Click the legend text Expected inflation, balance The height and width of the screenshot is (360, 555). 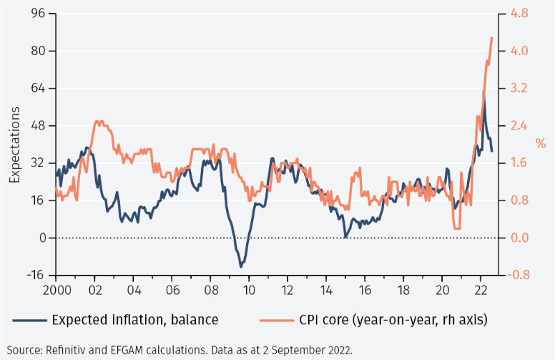pyautogui.click(x=134, y=319)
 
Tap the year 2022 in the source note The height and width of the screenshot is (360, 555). pyautogui.click(x=338, y=350)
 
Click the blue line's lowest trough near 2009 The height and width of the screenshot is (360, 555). pyautogui.click(x=241, y=267)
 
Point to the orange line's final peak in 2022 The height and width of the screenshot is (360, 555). pyautogui.click(x=491, y=37)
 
